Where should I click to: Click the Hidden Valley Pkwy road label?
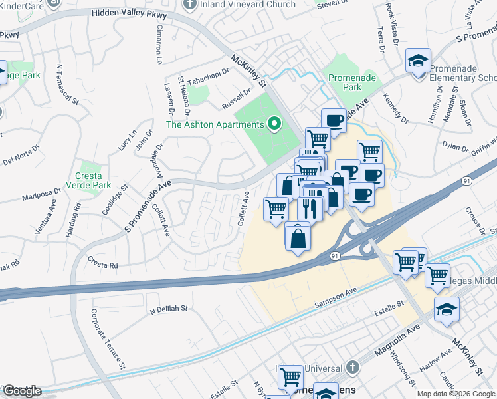tap(130, 13)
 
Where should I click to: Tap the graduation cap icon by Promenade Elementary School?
tap(419, 61)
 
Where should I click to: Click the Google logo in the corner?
tap(22, 390)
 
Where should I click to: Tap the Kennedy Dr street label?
tap(395, 108)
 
